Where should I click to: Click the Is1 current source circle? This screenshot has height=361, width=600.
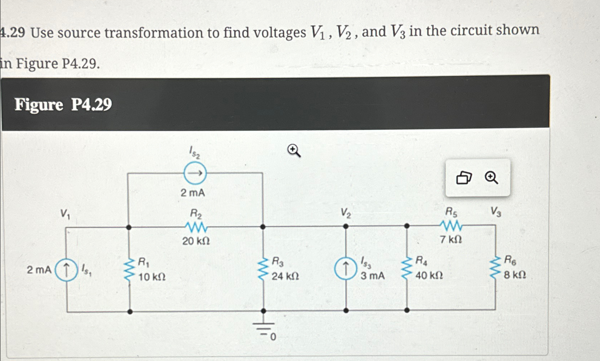point(66,270)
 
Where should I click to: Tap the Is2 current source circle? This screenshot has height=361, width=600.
point(195,173)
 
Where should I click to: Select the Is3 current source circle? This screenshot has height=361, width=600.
point(345,269)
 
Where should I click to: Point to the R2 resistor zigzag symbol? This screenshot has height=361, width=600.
point(196,227)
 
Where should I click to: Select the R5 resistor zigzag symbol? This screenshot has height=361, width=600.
point(451,226)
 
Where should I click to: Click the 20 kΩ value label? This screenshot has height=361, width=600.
point(196,241)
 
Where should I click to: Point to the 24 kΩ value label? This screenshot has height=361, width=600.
point(285,276)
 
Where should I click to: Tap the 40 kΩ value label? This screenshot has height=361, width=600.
point(429,276)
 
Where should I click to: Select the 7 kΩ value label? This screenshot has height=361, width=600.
point(451,239)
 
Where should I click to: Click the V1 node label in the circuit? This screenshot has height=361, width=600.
point(65,214)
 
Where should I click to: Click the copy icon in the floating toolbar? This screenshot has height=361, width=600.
point(464,178)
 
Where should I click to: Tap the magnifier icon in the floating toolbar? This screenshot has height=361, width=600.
point(491,178)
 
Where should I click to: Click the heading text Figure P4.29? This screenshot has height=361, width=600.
point(63,105)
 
